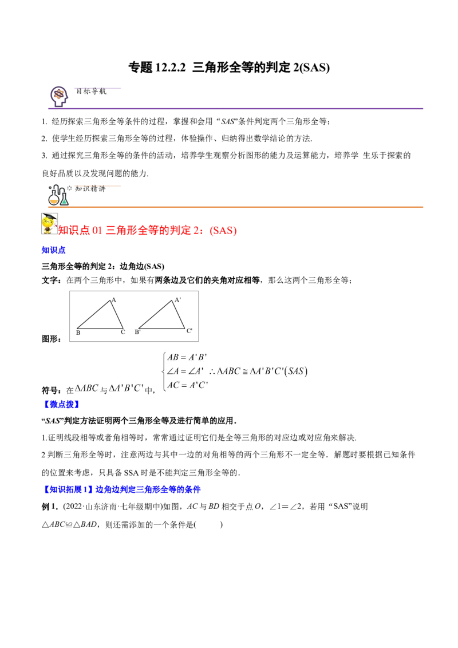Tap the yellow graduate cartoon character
pos(49,223)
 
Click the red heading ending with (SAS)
pos(148,231)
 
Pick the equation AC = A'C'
pos(187,385)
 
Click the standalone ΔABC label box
pos(87,388)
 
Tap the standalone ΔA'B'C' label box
pos(127,388)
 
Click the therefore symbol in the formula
pos(213,372)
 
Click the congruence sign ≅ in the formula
pos(245,371)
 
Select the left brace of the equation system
pos(164,371)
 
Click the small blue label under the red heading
pos(54,250)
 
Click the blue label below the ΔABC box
pos(62,405)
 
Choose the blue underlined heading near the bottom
pos(122,489)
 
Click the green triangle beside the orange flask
pos(65,201)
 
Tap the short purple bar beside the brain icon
pos(98,89)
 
